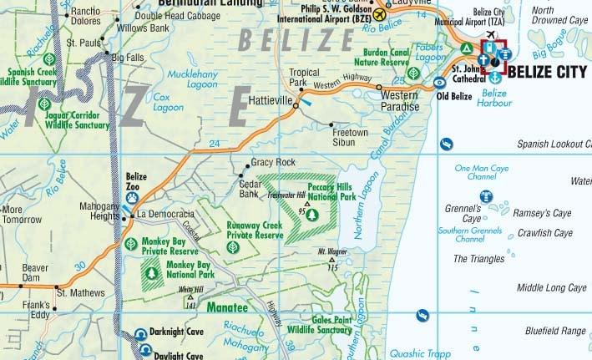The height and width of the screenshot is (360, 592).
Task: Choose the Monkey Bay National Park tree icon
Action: [152, 271]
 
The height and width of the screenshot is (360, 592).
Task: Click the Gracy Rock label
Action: [274, 161]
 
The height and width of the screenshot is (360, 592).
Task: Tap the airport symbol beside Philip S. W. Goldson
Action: [381, 13]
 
